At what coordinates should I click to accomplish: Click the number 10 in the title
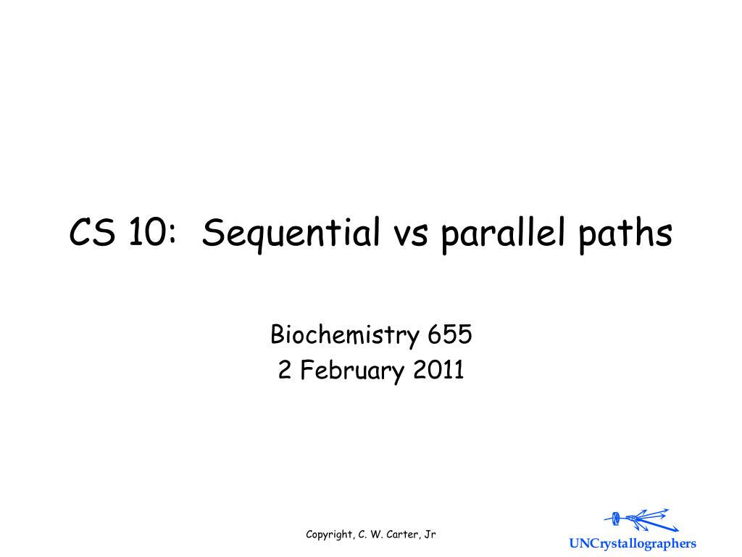pos(146,234)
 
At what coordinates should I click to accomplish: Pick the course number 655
pos(450,336)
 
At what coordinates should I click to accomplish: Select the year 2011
pos(439,371)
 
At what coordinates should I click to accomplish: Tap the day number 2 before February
pos(284,371)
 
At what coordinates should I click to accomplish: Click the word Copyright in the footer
pos(330,535)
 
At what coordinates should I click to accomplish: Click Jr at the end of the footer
pos(430,535)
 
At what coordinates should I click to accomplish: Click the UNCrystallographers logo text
pos(632,544)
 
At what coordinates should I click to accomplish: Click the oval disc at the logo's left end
pos(616,518)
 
